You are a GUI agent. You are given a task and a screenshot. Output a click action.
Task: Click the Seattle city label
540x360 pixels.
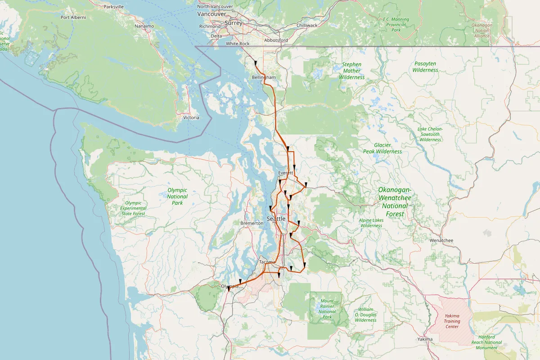pos(276,218)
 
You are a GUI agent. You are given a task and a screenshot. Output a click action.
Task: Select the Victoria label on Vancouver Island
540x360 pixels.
pos(191,117)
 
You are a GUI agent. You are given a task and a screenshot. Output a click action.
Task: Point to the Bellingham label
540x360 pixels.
pos(263,77)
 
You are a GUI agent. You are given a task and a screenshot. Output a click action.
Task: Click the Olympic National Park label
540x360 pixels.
pos(177,197)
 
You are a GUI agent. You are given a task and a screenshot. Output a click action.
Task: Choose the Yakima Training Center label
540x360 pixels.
pos(452,321)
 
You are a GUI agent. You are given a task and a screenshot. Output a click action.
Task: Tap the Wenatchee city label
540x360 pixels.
pos(441,240)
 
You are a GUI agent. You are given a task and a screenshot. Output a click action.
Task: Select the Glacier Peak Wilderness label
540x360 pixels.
pos(382,148)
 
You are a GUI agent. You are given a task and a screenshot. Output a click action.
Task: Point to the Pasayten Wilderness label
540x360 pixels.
pos(425,67)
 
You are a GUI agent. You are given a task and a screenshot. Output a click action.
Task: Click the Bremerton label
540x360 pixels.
pos(252,223)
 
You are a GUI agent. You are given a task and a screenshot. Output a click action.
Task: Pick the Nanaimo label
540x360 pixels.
pos(144,26)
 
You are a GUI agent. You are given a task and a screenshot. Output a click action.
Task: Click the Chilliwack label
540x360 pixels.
pos(307,26)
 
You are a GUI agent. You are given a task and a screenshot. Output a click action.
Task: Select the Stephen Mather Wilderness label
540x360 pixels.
pos(351,71)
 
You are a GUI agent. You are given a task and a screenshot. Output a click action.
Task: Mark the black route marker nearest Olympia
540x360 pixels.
pos(229,289)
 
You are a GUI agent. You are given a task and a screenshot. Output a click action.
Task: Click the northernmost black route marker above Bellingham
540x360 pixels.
pos(256,63)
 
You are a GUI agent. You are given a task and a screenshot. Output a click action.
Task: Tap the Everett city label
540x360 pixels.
pos(286,173)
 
